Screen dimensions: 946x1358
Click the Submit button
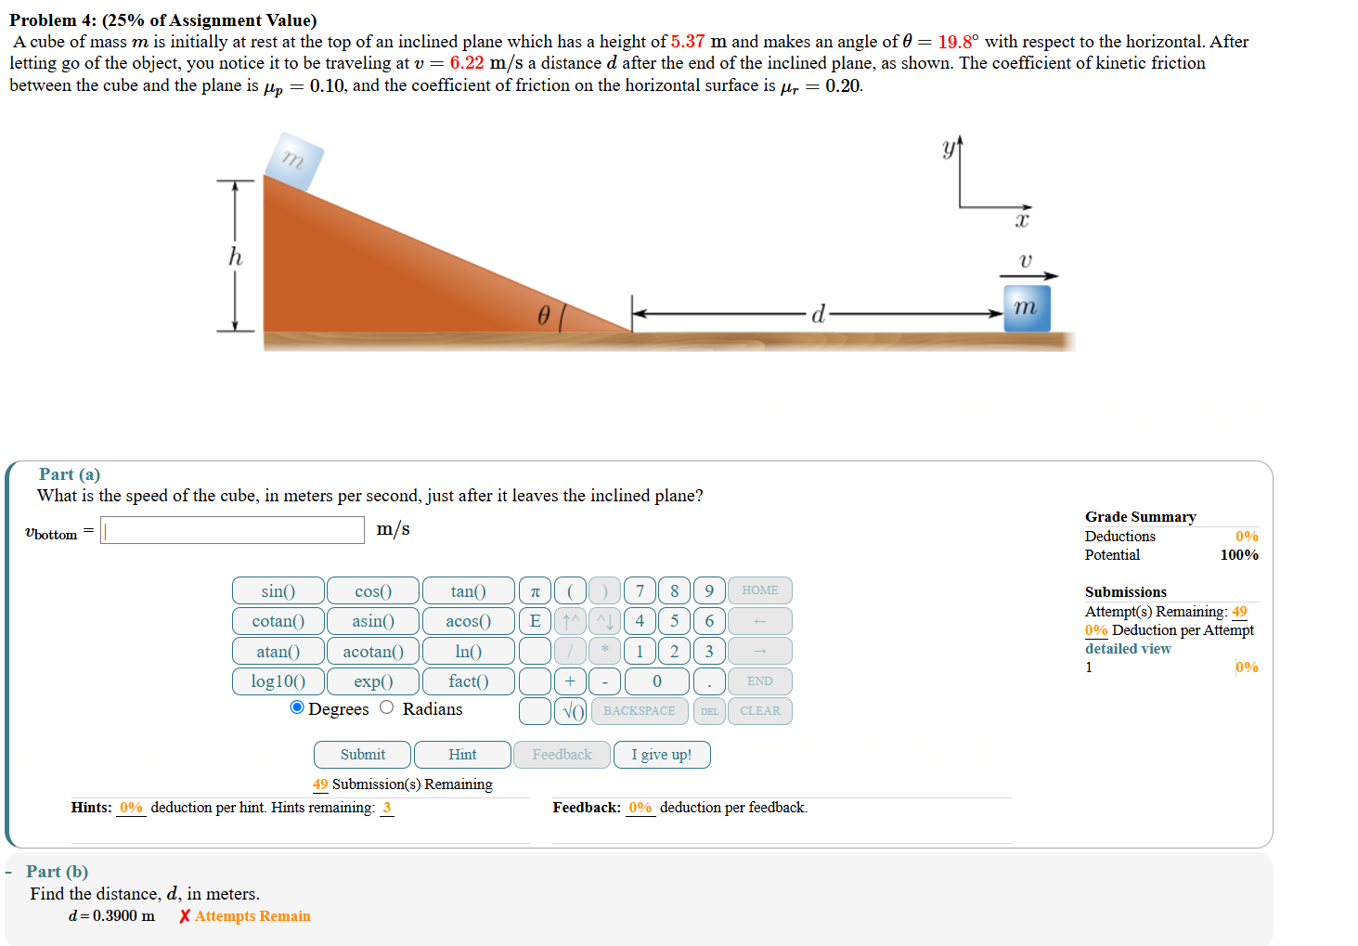(362, 755)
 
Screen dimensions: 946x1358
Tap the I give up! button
(661, 755)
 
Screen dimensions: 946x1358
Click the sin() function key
(278, 591)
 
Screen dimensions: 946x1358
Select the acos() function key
(468, 621)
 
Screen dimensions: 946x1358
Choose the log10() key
(278, 681)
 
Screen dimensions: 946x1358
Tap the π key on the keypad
(535, 591)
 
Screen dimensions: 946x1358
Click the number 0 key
(656, 681)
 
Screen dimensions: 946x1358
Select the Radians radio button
(387, 707)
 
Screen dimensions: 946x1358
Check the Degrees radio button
(297, 707)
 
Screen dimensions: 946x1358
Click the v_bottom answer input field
(232, 530)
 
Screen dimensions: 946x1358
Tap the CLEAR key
(759, 711)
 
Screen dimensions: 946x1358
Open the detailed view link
(1128, 649)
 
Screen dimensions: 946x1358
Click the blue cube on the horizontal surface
(1027, 308)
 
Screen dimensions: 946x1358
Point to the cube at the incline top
(294, 161)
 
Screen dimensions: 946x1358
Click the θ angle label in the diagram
(544, 316)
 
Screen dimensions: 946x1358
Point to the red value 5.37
(687, 42)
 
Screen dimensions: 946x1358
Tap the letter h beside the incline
(236, 256)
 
